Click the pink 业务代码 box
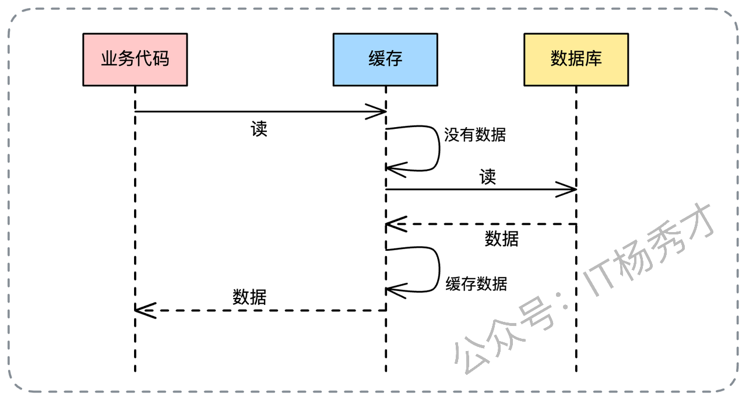135,59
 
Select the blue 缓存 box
385,59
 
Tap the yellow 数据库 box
576,59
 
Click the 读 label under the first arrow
259,129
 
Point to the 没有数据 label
475,135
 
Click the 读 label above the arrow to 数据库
488,177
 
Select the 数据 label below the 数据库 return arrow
502,238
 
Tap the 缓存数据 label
476,284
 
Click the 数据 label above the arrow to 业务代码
249,297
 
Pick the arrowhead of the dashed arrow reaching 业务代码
141,310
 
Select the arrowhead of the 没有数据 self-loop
392,169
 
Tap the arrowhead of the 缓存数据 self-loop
392,289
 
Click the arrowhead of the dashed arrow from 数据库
392,224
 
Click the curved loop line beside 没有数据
438,149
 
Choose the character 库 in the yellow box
594,59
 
